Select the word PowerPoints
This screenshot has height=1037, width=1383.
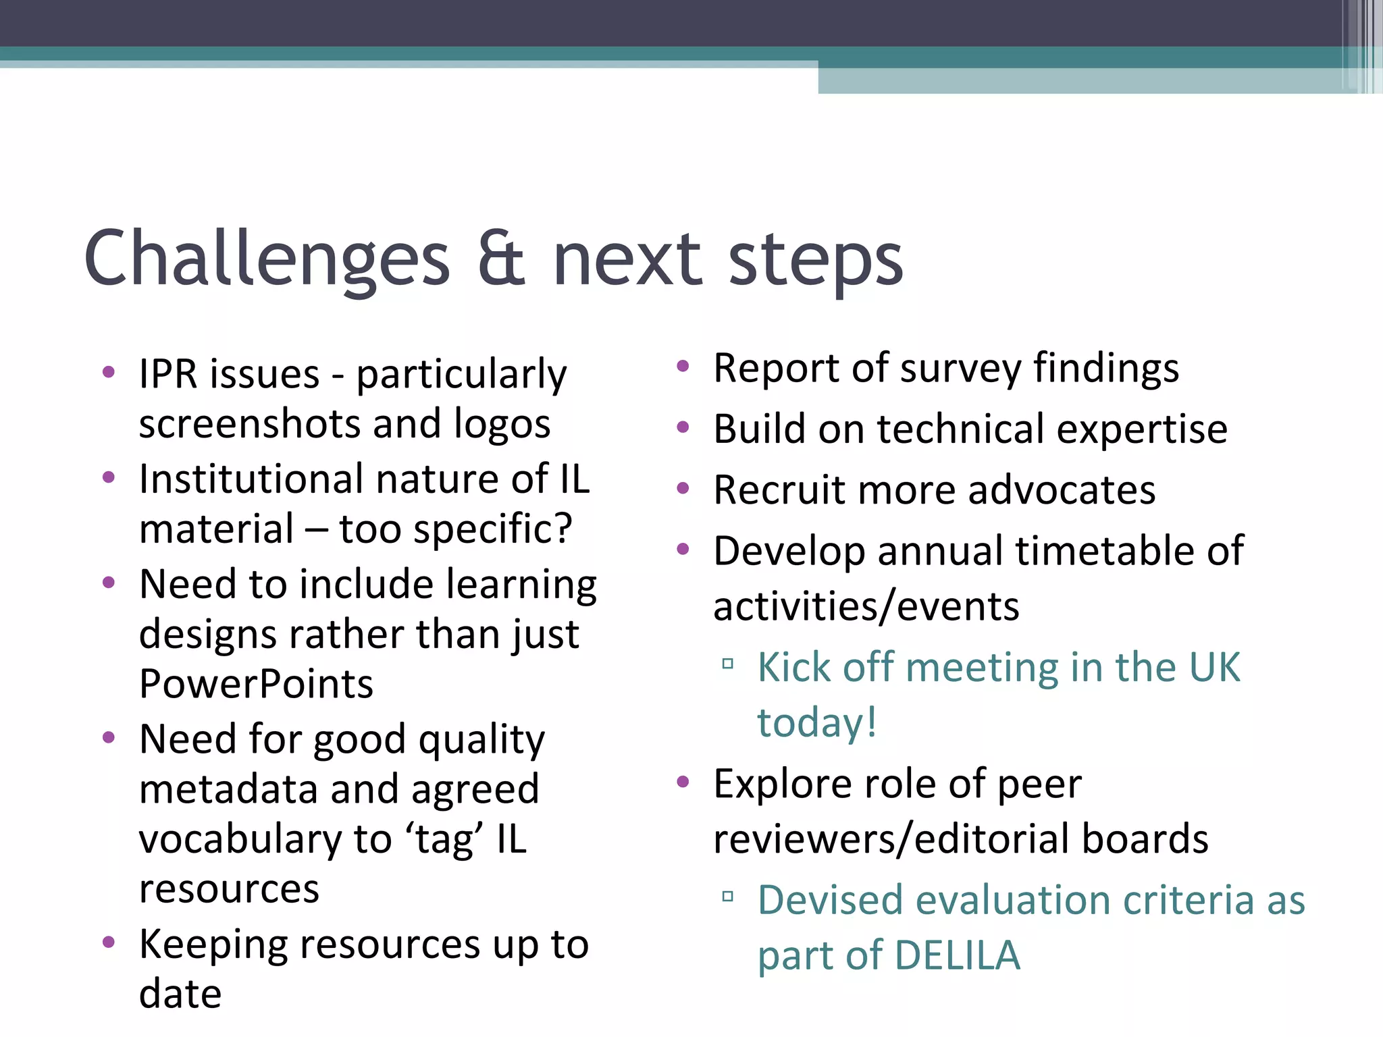point(256,684)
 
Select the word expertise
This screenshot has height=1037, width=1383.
point(1142,429)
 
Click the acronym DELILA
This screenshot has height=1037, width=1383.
point(958,956)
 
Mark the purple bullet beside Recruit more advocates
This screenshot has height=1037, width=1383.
point(683,488)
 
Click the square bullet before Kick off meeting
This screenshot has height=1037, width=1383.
point(727,664)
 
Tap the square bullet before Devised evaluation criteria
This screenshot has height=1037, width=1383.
point(727,897)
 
